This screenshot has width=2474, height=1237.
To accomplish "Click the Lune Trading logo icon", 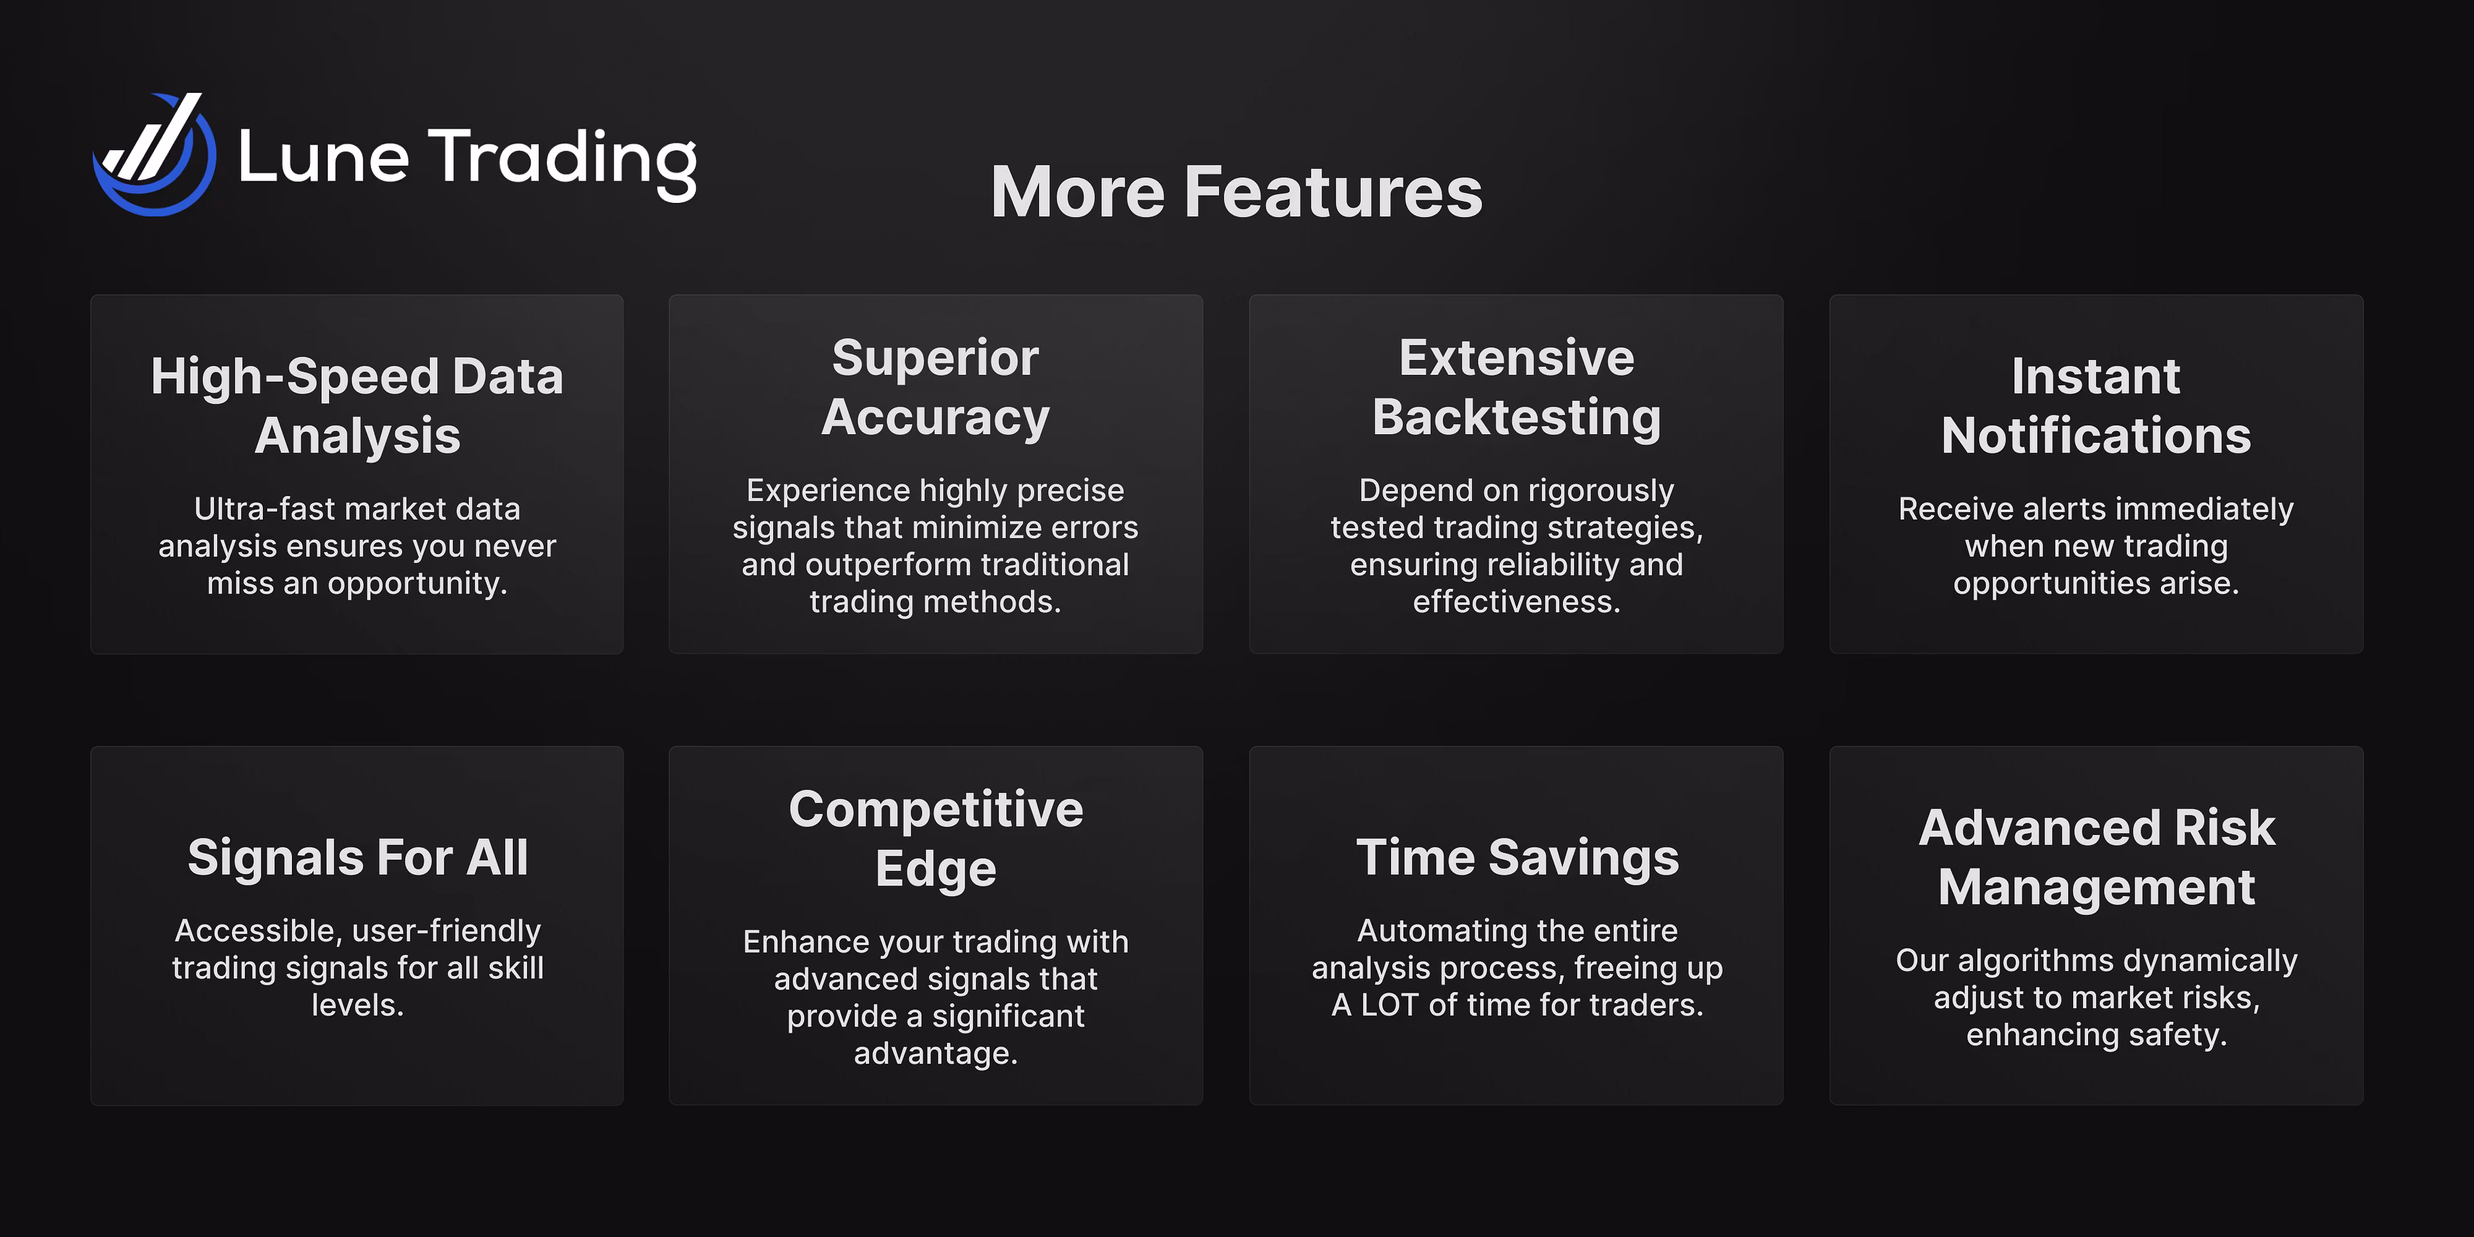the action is pos(154,154).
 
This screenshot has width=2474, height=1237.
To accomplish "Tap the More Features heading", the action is pos(1236,192).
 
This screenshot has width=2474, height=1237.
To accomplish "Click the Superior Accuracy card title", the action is pos(935,388).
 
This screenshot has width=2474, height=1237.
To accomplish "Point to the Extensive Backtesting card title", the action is pos(1517,388).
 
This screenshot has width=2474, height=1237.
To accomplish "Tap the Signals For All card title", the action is pos(358,857).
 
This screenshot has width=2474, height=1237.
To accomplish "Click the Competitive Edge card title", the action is pos(935,838).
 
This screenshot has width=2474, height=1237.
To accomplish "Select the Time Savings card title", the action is pos(1517,857).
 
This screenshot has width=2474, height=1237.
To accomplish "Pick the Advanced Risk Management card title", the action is pos(2096,857).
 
